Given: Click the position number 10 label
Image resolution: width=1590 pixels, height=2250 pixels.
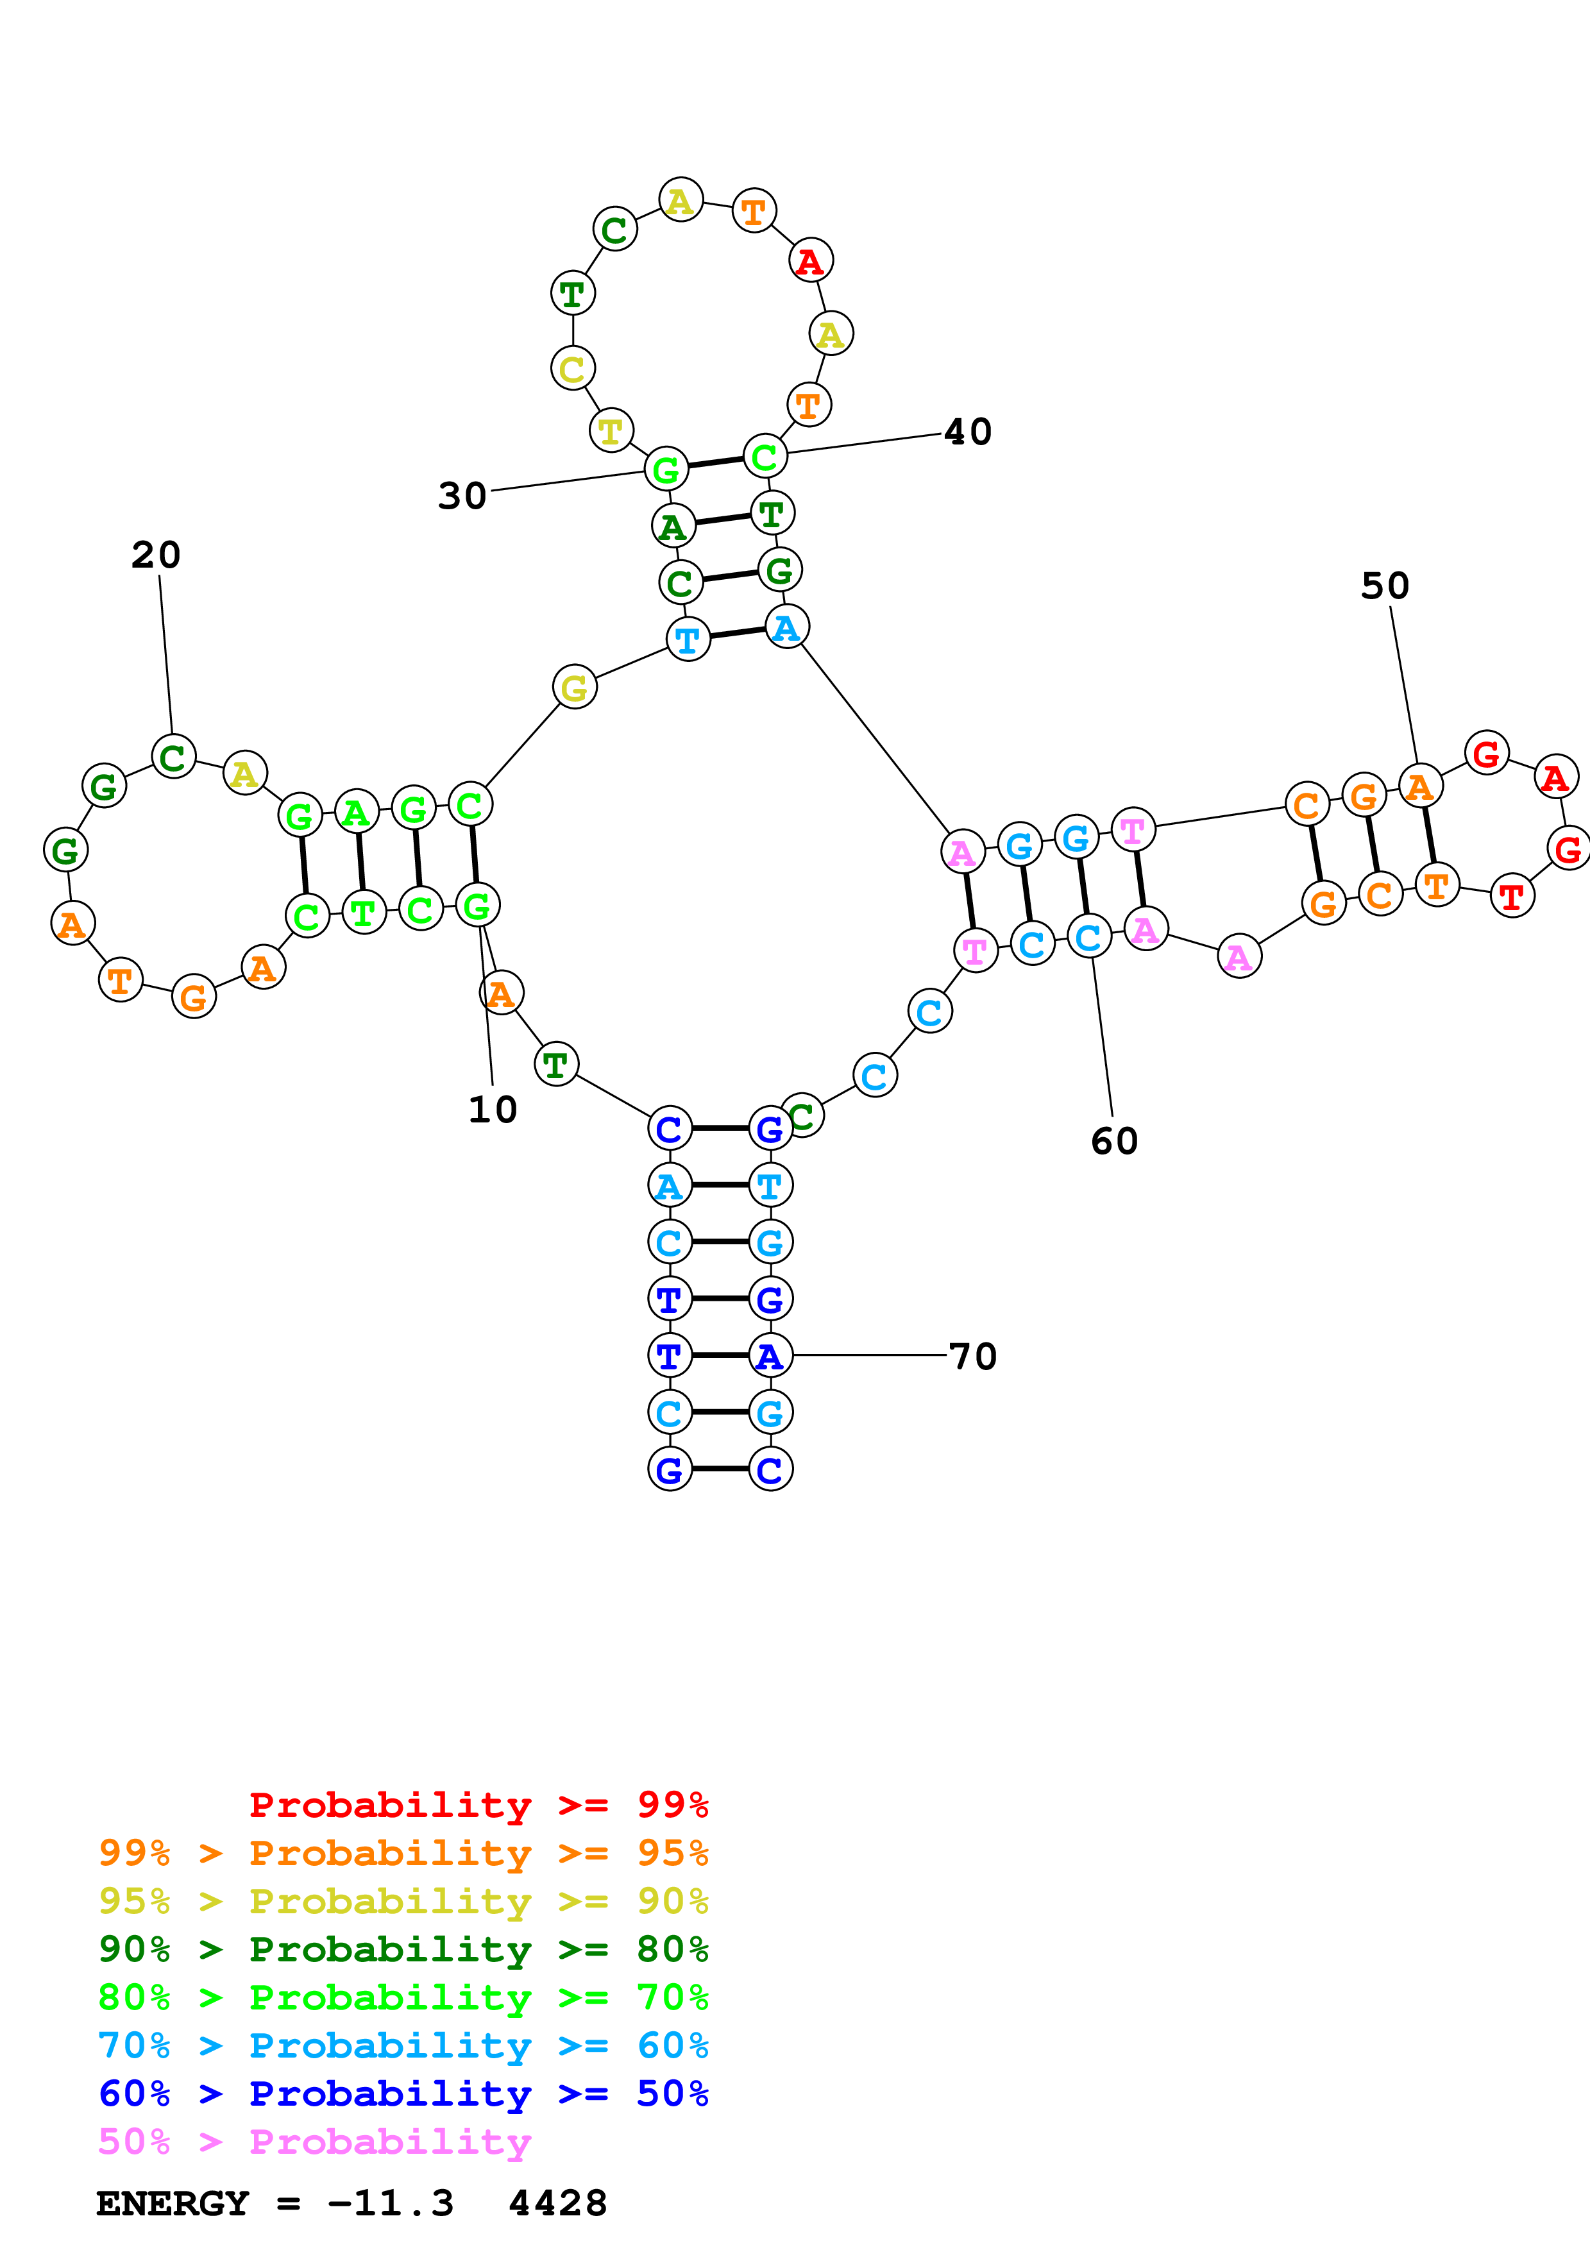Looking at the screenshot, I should [x=492, y=1110].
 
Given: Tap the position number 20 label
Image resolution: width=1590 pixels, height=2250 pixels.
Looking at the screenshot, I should [x=156, y=555].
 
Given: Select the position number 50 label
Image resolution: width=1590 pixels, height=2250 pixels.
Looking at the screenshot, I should [x=1384, y=586].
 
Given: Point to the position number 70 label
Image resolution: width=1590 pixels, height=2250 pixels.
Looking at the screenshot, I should [x=973, y=1357].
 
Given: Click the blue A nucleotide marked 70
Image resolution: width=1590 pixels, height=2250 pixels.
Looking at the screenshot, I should [x=770, y=1357].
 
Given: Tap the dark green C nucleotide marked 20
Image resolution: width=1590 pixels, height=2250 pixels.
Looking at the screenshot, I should [x=173, y=757].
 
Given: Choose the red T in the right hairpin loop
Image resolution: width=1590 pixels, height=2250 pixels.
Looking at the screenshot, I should [x=1512, y=895].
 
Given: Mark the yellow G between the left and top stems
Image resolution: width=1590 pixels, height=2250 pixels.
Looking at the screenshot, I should [x=574, y=687].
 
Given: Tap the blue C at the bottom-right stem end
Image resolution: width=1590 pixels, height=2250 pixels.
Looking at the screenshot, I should [x=770, y=1470].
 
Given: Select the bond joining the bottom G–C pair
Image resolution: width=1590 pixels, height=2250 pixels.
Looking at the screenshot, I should [x=720, y=1469].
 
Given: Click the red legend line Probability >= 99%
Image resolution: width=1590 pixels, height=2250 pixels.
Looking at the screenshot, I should [x=478, y=1805].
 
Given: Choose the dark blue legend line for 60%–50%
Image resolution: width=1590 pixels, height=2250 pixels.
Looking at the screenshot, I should [x=403, y=2094].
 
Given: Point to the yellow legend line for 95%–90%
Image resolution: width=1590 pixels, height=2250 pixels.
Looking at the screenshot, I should [x=403, y=1901].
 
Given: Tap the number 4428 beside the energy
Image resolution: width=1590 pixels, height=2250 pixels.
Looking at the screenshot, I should [x=557, y=2204].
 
